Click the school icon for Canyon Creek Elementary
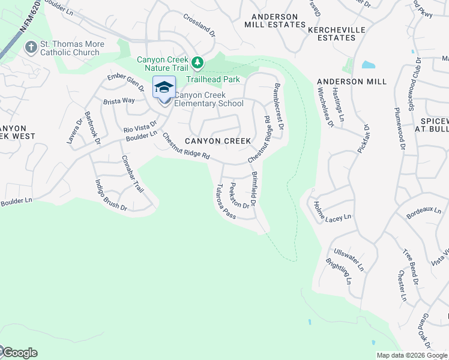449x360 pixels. tap(164, 88)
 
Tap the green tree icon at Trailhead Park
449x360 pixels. tap(196, 63)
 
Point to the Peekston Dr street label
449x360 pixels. tap(240, 196)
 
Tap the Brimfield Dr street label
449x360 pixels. tap(255, 189)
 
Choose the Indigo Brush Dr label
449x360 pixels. tap(111, 195)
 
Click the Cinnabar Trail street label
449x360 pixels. tap(133, 173)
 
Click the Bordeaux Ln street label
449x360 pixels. tap(423, 212)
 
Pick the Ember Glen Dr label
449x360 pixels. tap(125, 81)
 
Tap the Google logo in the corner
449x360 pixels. tap(19, 353)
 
